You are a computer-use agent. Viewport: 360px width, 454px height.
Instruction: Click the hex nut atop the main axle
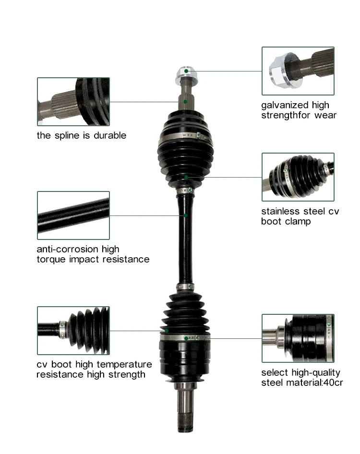(187, 74)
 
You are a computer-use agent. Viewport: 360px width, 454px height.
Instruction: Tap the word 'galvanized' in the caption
(281, 105)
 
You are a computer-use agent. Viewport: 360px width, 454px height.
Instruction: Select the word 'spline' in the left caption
(72, 135)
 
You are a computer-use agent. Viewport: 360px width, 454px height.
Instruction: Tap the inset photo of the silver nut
(298, 71)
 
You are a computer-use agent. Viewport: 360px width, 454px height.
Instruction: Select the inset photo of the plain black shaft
(73, 215)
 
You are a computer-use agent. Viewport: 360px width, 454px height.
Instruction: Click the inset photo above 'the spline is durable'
(73, 102)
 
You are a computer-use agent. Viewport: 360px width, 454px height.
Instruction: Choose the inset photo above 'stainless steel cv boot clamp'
(298, 177)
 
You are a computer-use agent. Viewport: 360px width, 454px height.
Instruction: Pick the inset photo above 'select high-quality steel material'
(298, 338)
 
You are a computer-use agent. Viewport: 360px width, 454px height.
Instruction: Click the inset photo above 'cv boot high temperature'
(73, 331)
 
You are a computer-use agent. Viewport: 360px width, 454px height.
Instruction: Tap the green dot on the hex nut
(186, 71)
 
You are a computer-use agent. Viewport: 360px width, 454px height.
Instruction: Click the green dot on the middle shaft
(185, 215)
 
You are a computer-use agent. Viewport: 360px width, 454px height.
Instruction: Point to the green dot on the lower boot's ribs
(167, 331)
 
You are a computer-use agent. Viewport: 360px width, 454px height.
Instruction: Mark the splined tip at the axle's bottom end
(185, 423)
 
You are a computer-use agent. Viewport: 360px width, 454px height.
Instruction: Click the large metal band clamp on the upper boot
(185, 136)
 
